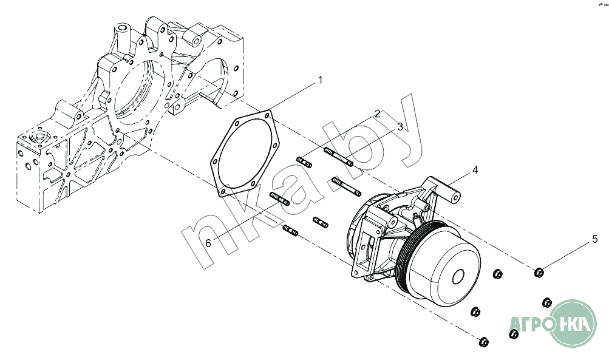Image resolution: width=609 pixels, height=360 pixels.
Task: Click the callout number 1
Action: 321,80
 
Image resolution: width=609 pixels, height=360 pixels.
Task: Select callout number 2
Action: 377,114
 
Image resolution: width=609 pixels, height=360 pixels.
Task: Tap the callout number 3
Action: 400,127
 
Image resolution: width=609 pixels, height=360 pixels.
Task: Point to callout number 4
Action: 475,170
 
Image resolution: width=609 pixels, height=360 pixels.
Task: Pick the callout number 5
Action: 594,239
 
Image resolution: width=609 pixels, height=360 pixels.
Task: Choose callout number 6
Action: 208,243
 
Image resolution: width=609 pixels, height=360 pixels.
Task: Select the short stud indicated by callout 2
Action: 304,162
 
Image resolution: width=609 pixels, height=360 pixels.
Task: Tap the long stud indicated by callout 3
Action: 338,157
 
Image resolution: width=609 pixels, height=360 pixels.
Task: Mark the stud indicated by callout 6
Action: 279,199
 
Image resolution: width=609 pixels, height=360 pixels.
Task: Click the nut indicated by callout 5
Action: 539,273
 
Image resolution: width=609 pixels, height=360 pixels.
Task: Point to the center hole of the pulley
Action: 458,277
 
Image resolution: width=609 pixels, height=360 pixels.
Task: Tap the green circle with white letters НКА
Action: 574,323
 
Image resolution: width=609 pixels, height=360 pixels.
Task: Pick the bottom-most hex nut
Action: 484,342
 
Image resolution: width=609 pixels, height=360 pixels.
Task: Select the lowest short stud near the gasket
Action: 290,230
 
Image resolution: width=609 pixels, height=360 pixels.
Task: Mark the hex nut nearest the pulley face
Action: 497,274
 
